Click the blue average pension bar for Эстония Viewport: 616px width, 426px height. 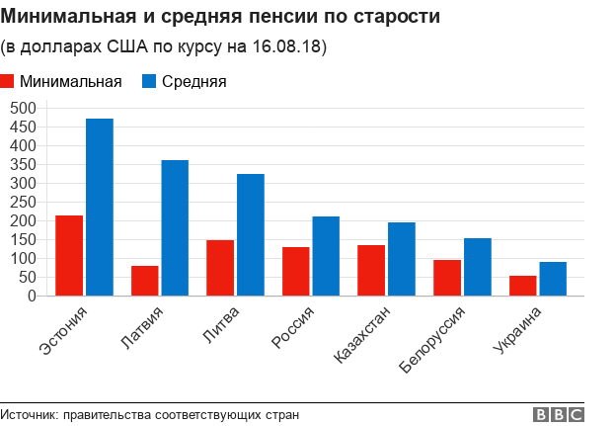(99, 207)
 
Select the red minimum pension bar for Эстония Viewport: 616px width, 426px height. (69, 255)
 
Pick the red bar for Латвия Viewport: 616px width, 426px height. (144, 281)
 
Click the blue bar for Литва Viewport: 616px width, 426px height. (251, 234)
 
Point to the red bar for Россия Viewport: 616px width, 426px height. (295, 271)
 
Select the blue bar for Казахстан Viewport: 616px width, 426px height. (402, 259)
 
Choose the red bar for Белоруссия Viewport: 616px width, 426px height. (447, 278)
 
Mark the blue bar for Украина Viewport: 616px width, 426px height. (553, 279)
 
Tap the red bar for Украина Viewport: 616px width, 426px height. (522, 286)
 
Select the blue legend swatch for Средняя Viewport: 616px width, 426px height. (151, 82)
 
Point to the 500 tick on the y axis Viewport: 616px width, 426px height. (23, 108)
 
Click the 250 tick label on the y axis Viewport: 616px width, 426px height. (23, 202)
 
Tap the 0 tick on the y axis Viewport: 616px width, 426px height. (32, 296)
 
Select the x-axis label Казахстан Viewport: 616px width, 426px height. (363, 335)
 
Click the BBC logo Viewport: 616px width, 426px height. (559, 415)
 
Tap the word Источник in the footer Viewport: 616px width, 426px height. (29, 415)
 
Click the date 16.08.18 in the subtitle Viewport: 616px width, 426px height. (288, 46)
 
